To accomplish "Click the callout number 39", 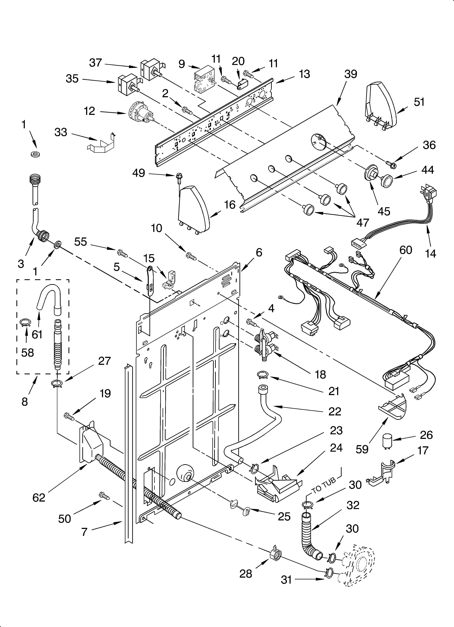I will (x=351, y=74).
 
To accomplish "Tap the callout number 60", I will (x=406, y=250).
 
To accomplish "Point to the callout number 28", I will (x=246, y=574).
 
